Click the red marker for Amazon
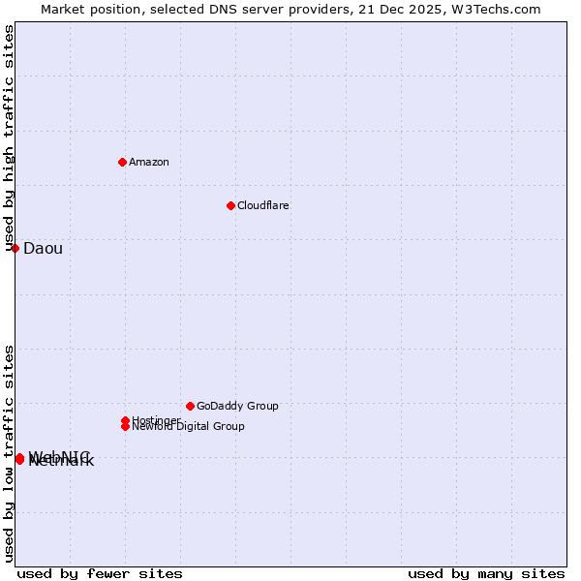point(122,162)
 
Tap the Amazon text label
point(149,162)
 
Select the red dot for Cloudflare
point(230,205)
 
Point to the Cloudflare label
point(263,205)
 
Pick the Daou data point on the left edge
point(15,248)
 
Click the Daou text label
point(43,249)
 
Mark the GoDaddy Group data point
point(190,406)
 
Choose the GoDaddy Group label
point(237,406)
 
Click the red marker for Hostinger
point(125,420)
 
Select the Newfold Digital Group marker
point(125,426)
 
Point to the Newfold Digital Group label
point(188,427)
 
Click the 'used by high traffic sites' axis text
point(10,138)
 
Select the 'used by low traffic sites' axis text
point(10,453)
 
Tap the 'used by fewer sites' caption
point(100,573)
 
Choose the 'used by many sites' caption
point(486,573)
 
